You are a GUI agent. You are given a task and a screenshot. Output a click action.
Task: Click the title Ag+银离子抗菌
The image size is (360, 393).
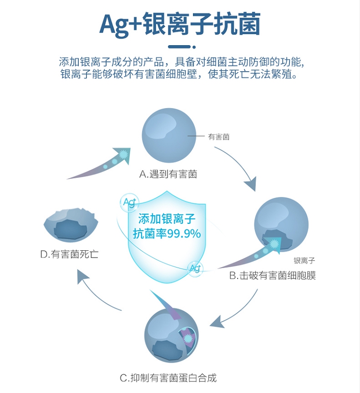(180, 24)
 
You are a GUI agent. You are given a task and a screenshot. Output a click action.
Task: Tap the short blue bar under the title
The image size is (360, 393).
(180, 47)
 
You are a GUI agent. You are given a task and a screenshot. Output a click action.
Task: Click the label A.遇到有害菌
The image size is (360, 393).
(168, 174)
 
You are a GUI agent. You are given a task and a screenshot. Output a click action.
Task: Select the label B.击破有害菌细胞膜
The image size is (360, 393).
(272, 276)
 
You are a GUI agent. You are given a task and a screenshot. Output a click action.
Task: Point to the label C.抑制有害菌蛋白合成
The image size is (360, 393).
(168, 378)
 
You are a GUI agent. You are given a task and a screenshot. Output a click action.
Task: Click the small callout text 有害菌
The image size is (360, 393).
(219, 137)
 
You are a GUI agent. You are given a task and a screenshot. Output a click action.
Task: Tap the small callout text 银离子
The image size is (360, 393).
(304, 261)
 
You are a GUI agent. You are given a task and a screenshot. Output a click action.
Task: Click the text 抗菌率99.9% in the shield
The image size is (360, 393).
(167, 234)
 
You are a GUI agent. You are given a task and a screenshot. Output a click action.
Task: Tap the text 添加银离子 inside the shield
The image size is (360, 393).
(167, 219)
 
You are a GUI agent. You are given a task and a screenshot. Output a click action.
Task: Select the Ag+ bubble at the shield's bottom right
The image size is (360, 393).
(195, 268)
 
